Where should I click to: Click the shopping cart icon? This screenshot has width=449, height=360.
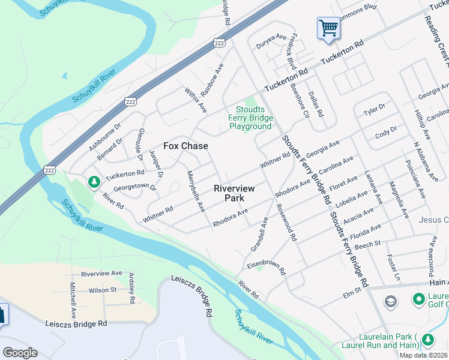(328, 28)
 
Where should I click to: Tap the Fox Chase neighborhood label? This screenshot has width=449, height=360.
(186, 146)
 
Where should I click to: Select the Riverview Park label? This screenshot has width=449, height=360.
(234, 193)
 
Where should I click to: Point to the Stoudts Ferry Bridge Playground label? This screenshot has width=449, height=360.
(250, 118)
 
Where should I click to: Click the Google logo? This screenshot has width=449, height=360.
(20, 353)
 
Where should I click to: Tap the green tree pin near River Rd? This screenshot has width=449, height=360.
(94, 181)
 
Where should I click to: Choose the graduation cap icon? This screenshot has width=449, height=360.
(390, 301)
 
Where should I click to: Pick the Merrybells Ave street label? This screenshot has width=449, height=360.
(196, 191)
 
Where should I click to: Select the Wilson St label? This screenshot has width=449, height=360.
(103, 290)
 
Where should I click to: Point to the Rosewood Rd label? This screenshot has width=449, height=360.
(286, 221)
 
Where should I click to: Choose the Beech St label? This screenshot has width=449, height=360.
(369, 244)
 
